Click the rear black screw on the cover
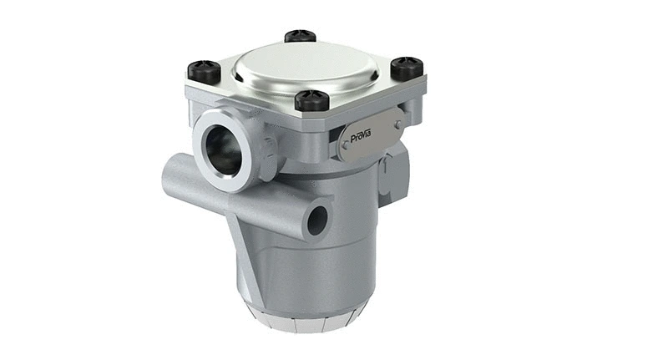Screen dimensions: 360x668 click(x=300, y=37)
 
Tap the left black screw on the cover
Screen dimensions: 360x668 click(x=204, y=69)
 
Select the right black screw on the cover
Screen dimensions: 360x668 click(x=407, y=68)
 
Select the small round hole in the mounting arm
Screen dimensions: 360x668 click(x=317, y=220)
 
